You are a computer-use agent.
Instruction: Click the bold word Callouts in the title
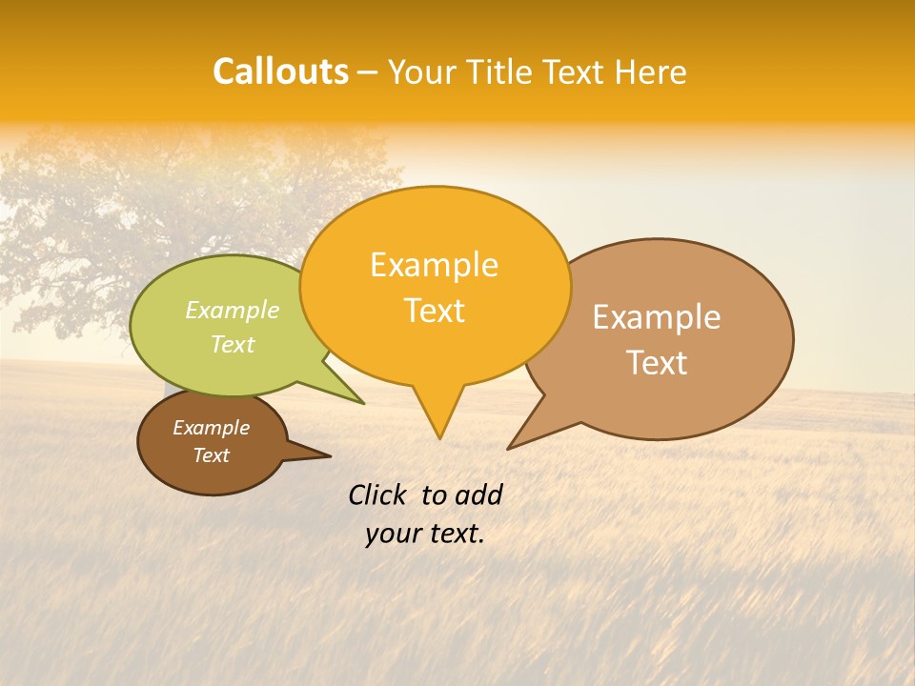(280, 71)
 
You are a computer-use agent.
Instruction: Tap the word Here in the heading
(651, 72)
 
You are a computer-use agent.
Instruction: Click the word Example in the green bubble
(233, 310)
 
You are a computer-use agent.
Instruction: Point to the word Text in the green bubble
(233, 344)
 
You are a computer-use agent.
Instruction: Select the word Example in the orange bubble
(434, 265)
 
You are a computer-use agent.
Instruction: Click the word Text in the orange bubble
(434, 311)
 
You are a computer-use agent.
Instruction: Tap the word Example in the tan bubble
(657, 317)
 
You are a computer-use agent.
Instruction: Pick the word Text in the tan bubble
(657, 363)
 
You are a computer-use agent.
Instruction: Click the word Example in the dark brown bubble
(211, 428)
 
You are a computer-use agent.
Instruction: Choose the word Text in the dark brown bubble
(211, 455)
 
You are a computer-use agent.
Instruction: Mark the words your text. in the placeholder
(425, 534)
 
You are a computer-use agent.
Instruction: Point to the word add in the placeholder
(478, 494)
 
